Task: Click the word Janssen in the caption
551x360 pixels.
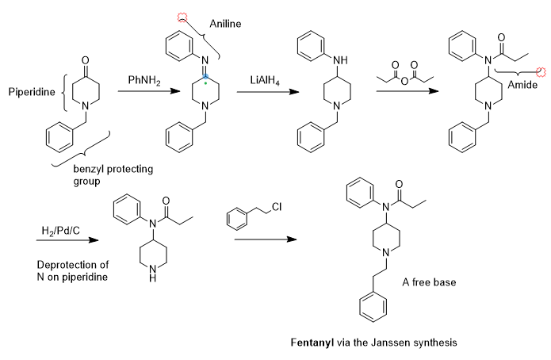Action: tap(392, 343)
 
